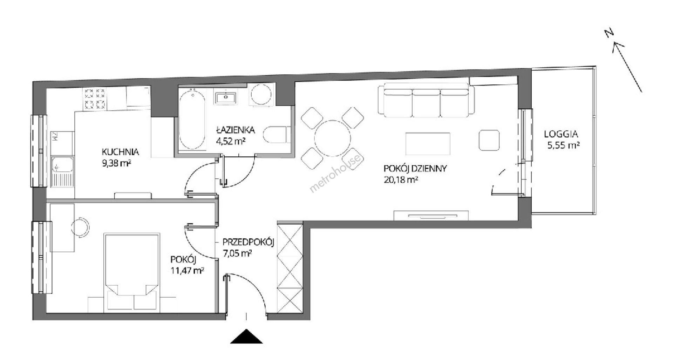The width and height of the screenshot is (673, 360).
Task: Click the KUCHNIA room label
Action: tap(120, 152)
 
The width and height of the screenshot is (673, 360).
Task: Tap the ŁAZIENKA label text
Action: tap(235, 130)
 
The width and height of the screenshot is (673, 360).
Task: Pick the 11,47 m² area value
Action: tap(188, 271)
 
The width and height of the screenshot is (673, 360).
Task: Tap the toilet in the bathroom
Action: tap(277, 134)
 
